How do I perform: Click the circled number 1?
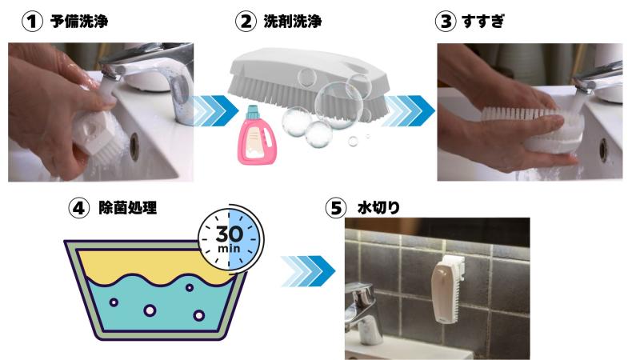click(32, 22)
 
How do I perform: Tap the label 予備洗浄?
click(79, 22)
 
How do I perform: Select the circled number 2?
click(246, 22)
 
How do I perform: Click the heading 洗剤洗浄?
click(293, 22)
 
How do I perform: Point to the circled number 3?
click(446, 22)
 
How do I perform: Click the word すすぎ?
click(483, 22)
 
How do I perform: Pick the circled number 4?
click(78, 208)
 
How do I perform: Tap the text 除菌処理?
click(128, 208)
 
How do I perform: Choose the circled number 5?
click(335, 208)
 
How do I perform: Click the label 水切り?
click(378, 208)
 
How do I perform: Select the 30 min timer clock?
click(230, 237)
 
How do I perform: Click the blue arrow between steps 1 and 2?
click(216, 110)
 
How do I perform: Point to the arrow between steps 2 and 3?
click(409, 110)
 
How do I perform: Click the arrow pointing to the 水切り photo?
click(308, 271)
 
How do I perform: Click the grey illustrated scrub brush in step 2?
click(308, 83)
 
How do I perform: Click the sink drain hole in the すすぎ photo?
click(603, 150)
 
